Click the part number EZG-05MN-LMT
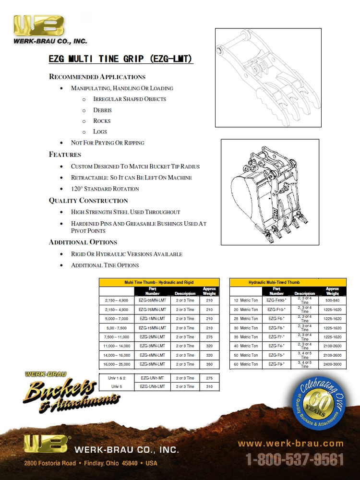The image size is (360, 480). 152,300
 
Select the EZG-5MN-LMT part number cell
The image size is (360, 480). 152,364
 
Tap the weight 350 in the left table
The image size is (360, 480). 209,364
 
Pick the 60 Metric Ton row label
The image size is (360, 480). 246,364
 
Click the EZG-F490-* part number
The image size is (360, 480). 276,300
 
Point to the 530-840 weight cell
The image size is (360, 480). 332,300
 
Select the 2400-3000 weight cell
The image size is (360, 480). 332,364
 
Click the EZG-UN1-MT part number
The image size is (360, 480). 152,378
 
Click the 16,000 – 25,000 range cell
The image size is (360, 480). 116,364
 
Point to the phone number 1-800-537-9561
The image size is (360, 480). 295,460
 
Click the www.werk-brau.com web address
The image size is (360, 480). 291,444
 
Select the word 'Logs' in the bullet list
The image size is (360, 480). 100,132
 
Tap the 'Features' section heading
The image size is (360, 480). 65,155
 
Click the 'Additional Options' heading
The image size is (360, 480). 83,242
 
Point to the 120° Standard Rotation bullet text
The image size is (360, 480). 105,189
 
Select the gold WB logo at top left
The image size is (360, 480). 39,26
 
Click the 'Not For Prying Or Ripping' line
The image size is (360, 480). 108,143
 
